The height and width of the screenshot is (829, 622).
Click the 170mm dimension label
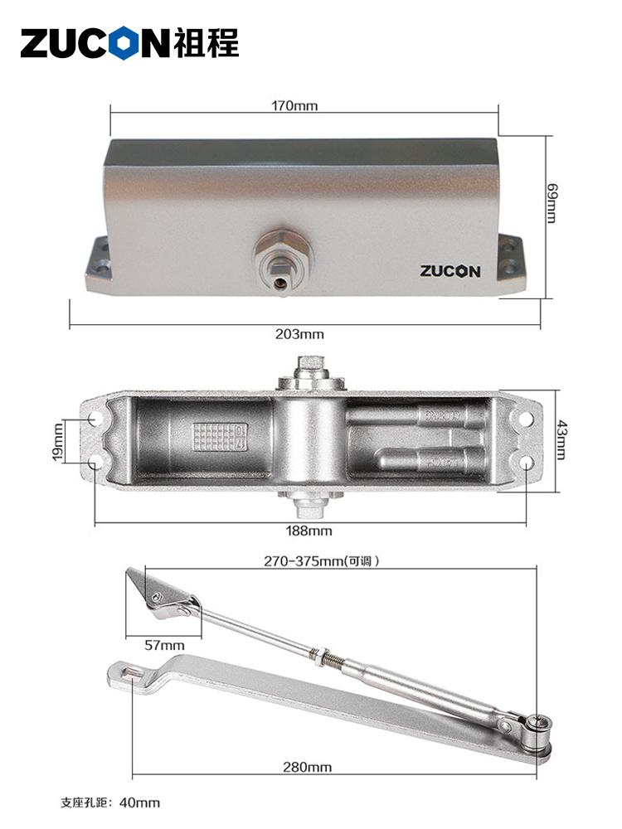(x=294, y=106)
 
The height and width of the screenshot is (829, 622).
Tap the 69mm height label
(x=552, y=203)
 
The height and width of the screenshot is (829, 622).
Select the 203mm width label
(x=299, y=334)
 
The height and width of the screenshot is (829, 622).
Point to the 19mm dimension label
(x=58, y=442)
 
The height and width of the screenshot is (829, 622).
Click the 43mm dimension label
(x=561, y=440)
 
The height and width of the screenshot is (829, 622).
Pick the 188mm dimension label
(x=309, y=531)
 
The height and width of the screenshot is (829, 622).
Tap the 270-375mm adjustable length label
(x=322, y=560)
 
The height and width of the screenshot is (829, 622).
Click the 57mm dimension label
(x=164, y=645)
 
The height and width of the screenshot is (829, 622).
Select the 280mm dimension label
(x=308, y=767)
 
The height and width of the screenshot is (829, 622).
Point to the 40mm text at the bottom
(x=139, y=802)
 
